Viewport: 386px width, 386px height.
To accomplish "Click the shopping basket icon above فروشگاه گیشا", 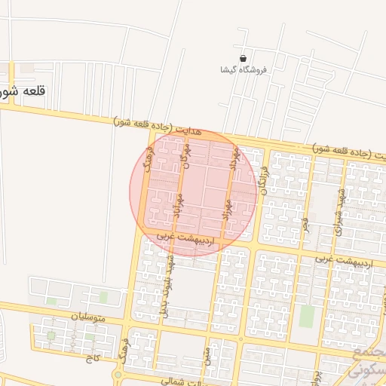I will coord(243,58).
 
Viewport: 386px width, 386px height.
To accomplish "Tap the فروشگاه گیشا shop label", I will coord(244,69).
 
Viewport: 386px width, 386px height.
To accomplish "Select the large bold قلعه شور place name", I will coord(23,91).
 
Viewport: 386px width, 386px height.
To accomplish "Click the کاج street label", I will coord(93,359).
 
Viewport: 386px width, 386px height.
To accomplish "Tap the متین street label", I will coord(206,354).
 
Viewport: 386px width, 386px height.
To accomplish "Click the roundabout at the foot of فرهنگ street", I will coord(118,375).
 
